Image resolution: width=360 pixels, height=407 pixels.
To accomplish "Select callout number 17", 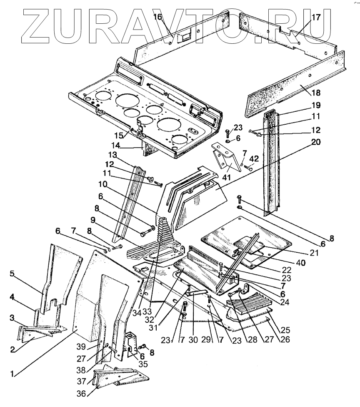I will (316, 18).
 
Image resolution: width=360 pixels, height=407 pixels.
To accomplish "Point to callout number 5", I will (12, 274).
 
